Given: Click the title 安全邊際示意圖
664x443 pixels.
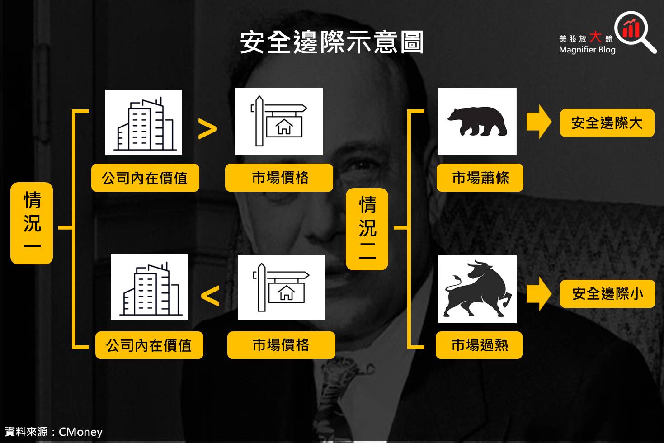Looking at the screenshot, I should (332, 43).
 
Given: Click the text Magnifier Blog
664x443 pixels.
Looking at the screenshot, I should (587, 50).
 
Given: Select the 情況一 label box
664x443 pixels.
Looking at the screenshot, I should (32, 223).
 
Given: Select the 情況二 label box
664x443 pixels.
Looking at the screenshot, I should (367, 229).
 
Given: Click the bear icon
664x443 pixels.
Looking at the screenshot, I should (477, 121).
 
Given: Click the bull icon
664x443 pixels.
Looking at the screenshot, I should (477, 289).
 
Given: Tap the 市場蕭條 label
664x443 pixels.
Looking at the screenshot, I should (480, 178).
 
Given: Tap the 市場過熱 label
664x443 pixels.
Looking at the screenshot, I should (479, 345).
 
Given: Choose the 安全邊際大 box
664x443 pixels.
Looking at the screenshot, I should (607, 123).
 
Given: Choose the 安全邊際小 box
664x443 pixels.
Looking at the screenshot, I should (607, 294).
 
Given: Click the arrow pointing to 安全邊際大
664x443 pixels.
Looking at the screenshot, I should (539, 122).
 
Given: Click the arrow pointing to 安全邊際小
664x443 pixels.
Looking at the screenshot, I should (539, 294).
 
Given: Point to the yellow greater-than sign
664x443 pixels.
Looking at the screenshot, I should (207, 129).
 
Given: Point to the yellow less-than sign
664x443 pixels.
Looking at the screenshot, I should (210, 296).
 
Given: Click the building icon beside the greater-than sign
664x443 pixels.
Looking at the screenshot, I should (143, 122).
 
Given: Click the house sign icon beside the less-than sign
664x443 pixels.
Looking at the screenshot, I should (281, 287).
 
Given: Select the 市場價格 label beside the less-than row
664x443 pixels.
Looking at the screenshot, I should (281, 345).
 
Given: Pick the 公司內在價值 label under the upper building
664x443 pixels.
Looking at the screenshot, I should (145, 178).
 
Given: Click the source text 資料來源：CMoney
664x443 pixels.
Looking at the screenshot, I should (54, 432).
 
